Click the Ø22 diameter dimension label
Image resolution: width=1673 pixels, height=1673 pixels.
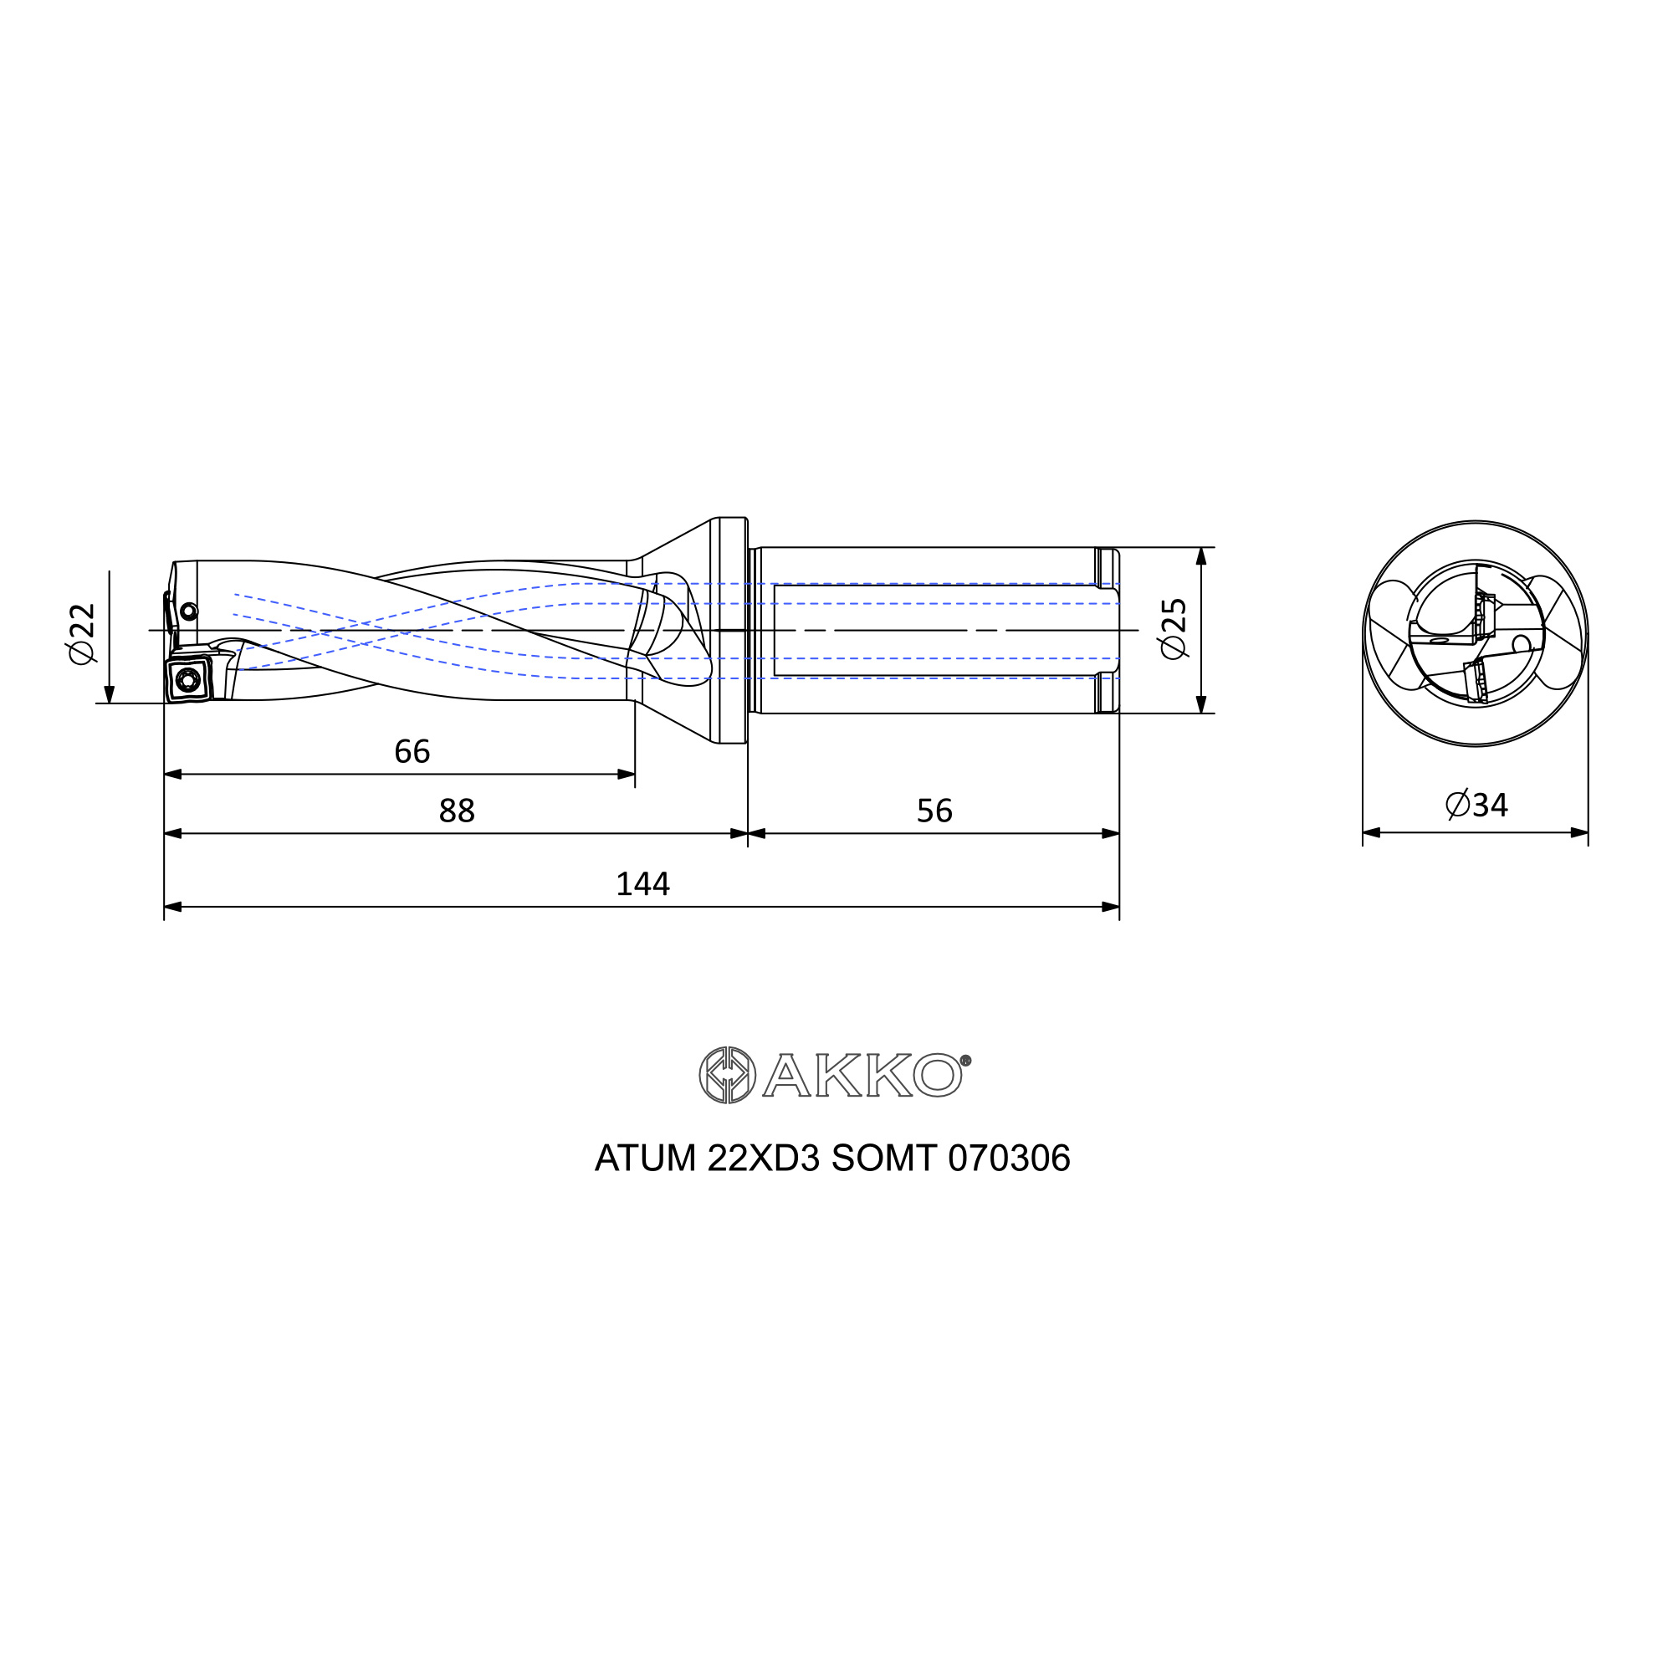pyautogui.click(x=82, y=634)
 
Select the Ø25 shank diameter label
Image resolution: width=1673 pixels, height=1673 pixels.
pyautogui.click(x=1174, y=629)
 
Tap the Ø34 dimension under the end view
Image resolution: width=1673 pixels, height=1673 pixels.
pyautogui.click(x=1476, y=806)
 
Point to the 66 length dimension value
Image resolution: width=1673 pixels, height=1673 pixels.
pyautogui.click(x=412, y=752)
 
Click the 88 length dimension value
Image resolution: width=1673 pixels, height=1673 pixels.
pyautogui.click(x=458, y=811)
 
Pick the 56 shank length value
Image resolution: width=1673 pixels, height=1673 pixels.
pyautogui.click(x=934, y=811)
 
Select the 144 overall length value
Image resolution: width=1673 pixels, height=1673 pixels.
pyautogui.click(x=642, y=884)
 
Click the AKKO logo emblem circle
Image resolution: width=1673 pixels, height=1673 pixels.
pyautogui.click(x=728, y=1076)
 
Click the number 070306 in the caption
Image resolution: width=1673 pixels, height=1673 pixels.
pyautogui.click(x=1009, y=1159)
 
